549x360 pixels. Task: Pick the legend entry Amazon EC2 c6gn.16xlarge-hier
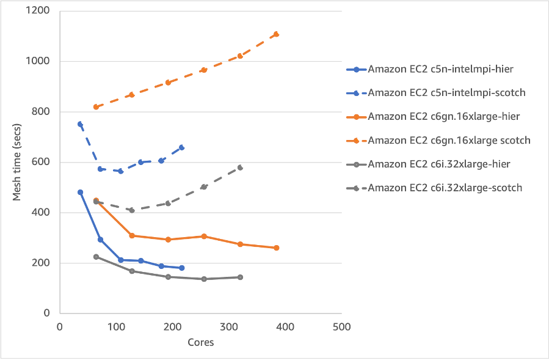tap(435, 117)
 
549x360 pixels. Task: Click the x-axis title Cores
tap(200, 342)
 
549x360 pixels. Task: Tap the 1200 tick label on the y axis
tap(40, 10)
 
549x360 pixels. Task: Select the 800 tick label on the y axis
tap(42, 112)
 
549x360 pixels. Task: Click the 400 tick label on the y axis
tap(42, 213)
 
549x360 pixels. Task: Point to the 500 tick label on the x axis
tap(341, 327)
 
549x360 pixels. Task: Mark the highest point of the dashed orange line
tap(276, 34)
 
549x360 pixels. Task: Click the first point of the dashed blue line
tap(80, 124)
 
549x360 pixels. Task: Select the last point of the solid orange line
tap(276, 248)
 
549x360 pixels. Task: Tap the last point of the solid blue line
tap(182, 268)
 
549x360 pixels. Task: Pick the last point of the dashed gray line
tap(240, 167)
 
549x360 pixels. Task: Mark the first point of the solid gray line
tap(96, 257)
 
